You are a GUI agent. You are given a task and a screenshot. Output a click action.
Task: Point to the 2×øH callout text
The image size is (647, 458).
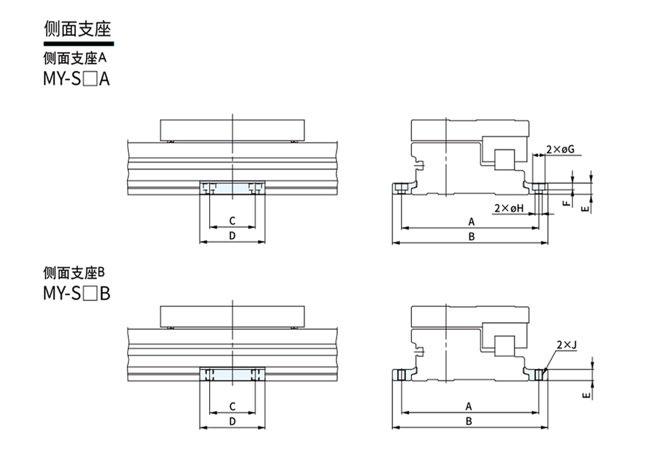tap(509, 208)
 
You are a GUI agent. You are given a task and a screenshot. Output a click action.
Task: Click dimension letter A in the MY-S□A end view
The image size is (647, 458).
tap(471, 221)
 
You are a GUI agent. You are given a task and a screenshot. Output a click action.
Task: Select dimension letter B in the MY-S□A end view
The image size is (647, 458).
tap(471, 237)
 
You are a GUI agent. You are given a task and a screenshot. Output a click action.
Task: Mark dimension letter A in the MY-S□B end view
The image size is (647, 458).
tap(469, 406)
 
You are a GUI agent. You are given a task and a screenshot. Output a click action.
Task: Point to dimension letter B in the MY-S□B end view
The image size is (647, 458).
tap(469, 421)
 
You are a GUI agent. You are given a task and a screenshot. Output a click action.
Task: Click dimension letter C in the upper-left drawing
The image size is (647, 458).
tap(232, 220)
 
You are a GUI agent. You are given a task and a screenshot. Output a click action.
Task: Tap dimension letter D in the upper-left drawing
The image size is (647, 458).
tap(232, 236)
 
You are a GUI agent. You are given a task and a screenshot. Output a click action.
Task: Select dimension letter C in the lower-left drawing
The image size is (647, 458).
tap(232, 406)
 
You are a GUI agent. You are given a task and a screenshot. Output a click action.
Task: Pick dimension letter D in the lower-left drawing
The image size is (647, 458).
tap(232, 421)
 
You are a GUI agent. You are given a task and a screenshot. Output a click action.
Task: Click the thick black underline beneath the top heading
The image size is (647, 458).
tap(79, 43)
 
